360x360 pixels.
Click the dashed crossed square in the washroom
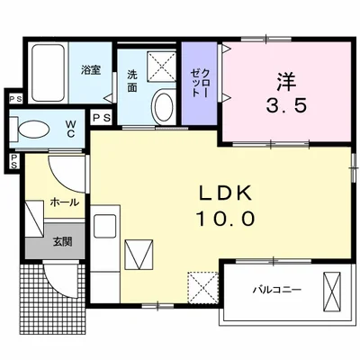pyautogui.click(x=164, y=66)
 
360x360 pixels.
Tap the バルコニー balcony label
pyautogui.click(x=276, y=291)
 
